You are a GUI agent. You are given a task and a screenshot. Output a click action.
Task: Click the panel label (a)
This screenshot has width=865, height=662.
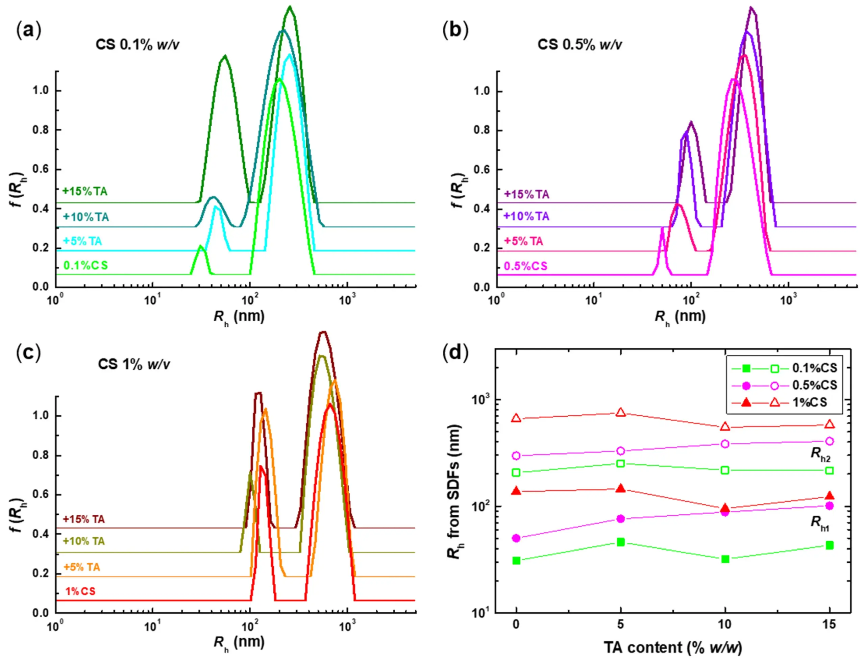point(28,30)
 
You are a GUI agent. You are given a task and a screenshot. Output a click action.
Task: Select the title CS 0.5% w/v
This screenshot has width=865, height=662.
point(579,45)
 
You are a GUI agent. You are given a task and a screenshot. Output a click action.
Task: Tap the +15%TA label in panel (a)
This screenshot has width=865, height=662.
point(85,192)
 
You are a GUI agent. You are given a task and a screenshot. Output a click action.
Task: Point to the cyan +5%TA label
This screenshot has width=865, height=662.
point(82,241)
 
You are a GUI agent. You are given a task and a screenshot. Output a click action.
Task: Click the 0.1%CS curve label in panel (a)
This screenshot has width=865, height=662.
point(85,266)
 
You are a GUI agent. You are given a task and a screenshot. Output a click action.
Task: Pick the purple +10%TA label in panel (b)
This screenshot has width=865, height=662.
point(526,216)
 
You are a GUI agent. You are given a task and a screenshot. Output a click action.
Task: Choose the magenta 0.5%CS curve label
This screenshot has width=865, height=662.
point(525,266)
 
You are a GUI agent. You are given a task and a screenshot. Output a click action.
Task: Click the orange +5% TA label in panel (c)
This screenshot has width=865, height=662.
point(82,567)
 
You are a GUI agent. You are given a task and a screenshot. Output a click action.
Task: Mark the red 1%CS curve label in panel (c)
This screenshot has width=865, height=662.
point(80,591)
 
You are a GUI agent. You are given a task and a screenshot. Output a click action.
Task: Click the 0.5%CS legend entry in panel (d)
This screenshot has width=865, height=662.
point(815,385)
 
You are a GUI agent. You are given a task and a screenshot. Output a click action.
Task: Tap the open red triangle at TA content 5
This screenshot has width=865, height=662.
point(621,413)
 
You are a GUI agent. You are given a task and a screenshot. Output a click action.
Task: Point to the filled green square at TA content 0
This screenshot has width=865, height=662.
point(516,560)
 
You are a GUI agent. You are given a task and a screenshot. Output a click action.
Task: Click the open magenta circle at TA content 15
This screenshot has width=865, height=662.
point(830,441)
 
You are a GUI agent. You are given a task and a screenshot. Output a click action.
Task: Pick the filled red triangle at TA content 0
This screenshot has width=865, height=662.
point(516,491)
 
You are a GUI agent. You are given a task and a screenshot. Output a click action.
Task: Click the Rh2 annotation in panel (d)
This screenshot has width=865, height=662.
point(820,453)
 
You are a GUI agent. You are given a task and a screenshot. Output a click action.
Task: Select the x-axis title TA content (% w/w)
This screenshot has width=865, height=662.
point(673,647)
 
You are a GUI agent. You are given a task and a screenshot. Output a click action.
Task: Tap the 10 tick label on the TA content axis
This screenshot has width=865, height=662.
point(725,624)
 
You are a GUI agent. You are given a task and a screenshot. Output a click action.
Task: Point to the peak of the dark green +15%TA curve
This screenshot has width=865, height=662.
point(290,7)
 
